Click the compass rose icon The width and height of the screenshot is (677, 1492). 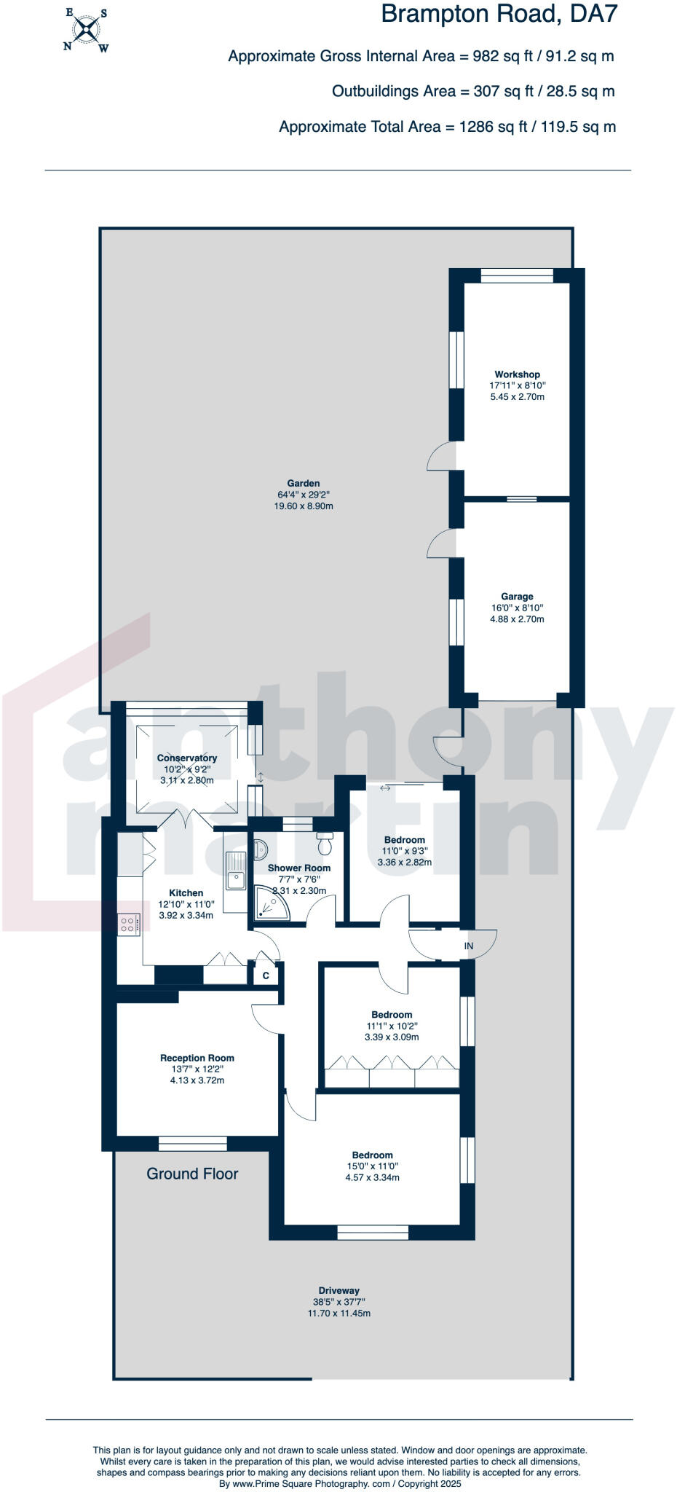coord(86,30)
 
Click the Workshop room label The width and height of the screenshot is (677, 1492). coord(517,374)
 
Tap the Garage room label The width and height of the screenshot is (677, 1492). coord(517,596)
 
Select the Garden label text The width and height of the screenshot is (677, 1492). coord(303,483)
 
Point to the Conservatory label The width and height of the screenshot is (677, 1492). coord(187,758)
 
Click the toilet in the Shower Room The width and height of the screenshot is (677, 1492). coord(325,845)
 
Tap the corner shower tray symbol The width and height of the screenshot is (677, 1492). coord(271,903)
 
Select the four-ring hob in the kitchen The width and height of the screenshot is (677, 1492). coord(128,924)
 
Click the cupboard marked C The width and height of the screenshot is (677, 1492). coord(266,975)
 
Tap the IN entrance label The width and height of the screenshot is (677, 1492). coord(469,946)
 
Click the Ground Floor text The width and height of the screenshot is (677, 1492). coord(192,1174)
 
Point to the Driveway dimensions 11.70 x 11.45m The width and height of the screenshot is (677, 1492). coord(338,1313)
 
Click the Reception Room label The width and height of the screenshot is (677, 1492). coord(197,1058)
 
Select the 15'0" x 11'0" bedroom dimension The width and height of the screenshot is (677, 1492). coord(372,1166)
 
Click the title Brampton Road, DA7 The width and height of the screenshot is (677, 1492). coord(499,15)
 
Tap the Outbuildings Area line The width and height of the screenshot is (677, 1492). coord(473,92)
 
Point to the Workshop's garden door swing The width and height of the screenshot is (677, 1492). coord(441,458)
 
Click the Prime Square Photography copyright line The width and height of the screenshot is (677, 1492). coord(340,1483)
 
